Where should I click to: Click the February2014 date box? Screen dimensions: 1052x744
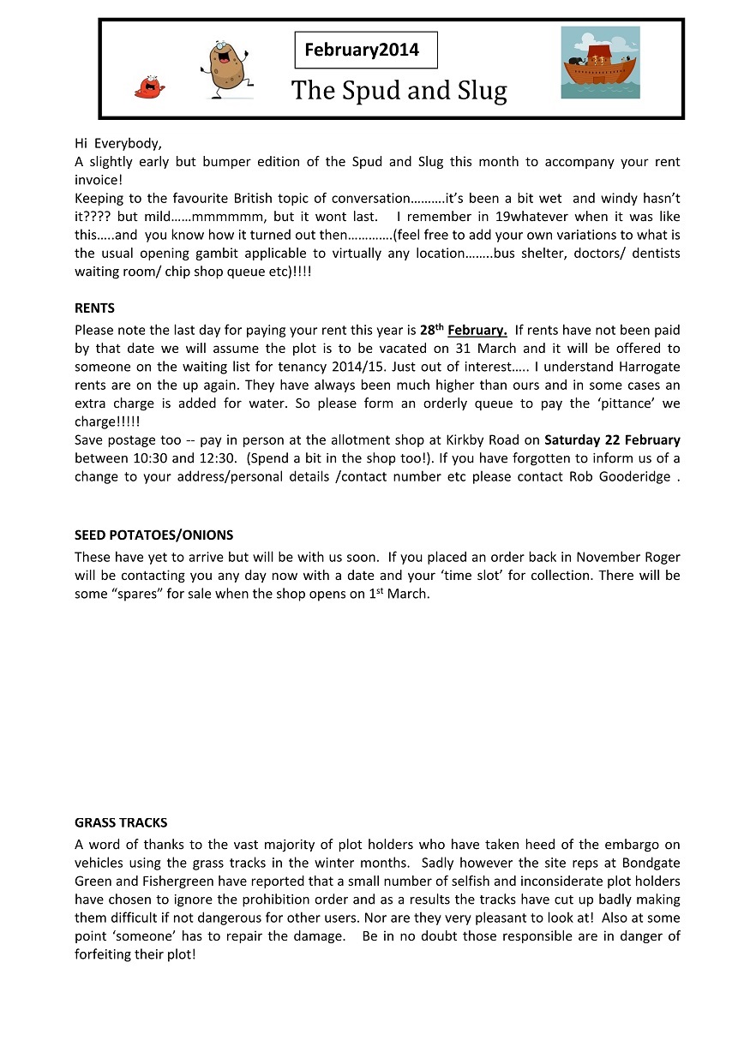tap(366, 50)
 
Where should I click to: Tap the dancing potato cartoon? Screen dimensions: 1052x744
tap(226, 69)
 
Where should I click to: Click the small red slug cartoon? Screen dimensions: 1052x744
tap(148, 86)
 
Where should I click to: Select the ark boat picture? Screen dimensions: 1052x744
tap(600, 63)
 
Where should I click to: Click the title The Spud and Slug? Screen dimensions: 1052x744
tap(399, 90)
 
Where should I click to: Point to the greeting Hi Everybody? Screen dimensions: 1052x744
tap(118, 143)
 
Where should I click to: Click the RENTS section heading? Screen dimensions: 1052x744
tap(94, 308)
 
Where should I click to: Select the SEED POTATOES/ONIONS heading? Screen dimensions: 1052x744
tap(153, 535)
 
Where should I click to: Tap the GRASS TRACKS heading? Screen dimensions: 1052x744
tap(121, 822)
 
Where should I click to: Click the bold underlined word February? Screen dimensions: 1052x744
tap(477, 330)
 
